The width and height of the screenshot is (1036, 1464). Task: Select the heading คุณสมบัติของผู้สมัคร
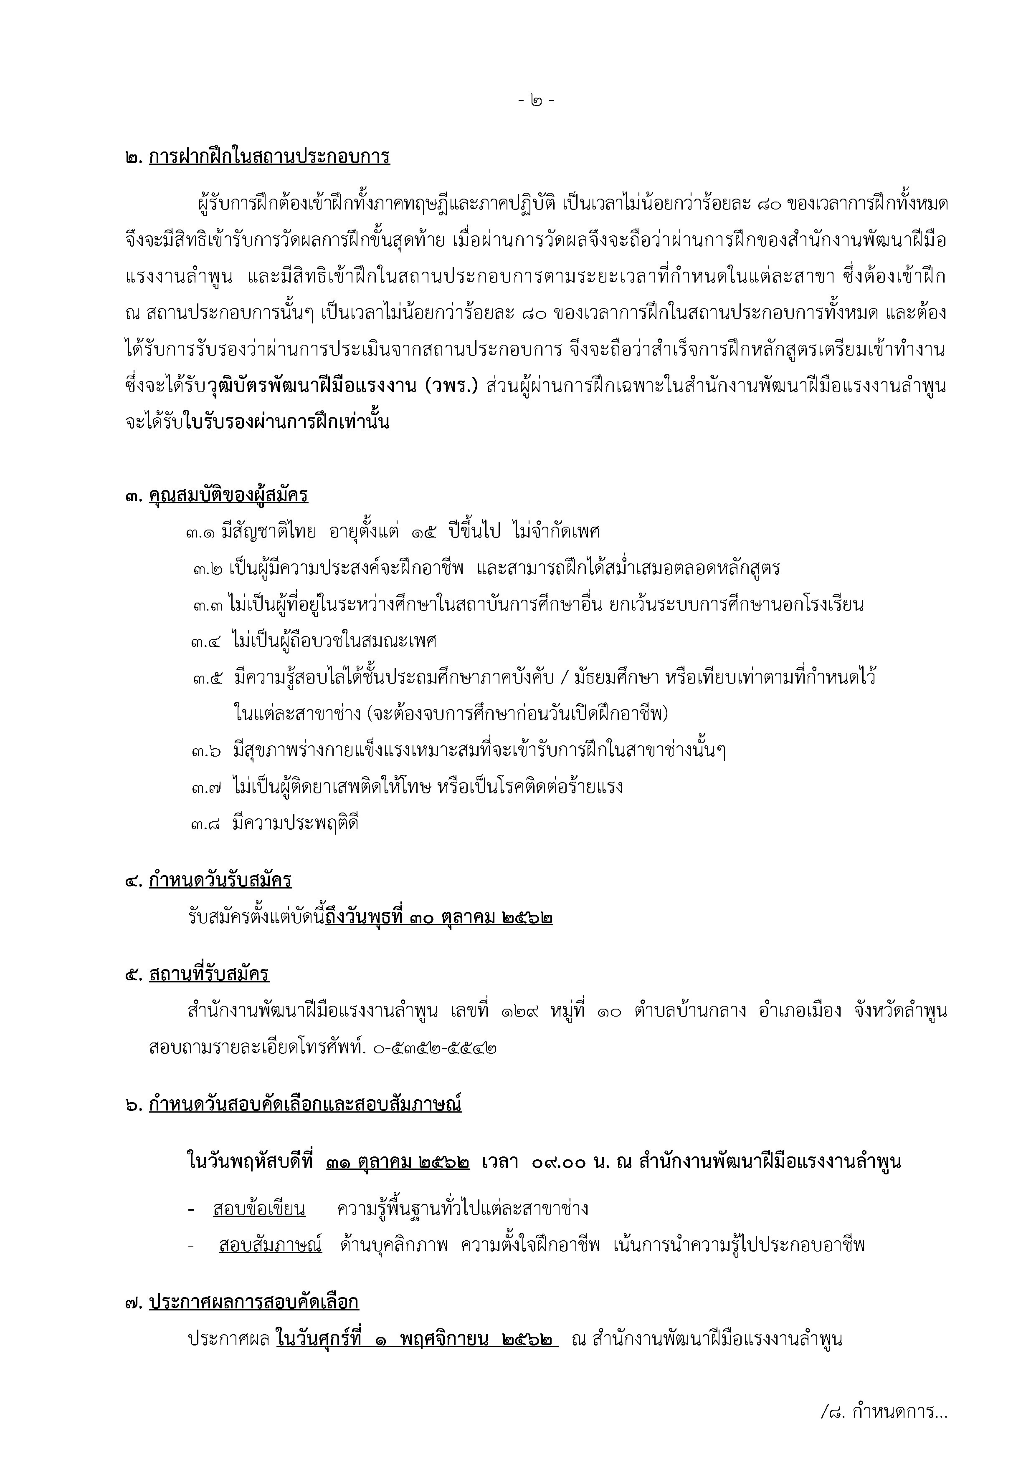[228, 495]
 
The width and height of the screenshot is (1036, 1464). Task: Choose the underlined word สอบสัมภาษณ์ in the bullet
[271, 1245]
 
